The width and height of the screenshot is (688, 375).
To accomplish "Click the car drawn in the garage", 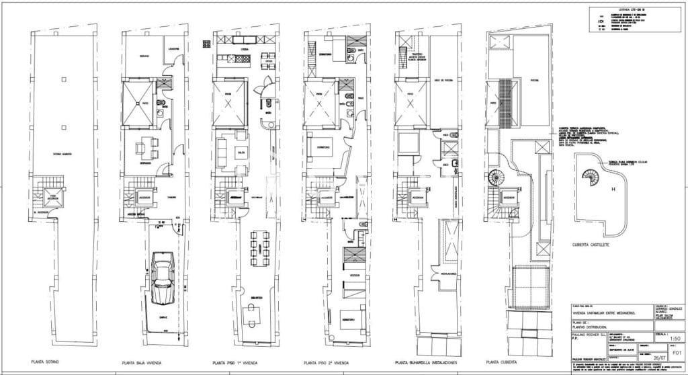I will click(x=164, y=278).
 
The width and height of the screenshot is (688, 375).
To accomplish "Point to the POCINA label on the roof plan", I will click(x=534, y=79).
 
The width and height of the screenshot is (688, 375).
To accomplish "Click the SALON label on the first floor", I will click(x=240, y=154).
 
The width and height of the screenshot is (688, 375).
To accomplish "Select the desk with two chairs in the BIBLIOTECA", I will click(x=254, y=313).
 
